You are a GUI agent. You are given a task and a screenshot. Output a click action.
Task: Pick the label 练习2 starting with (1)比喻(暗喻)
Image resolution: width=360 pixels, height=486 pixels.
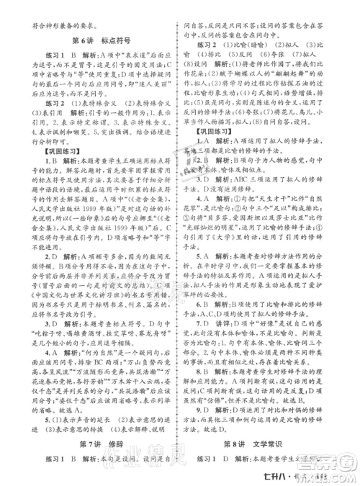click(x=209, y=43)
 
